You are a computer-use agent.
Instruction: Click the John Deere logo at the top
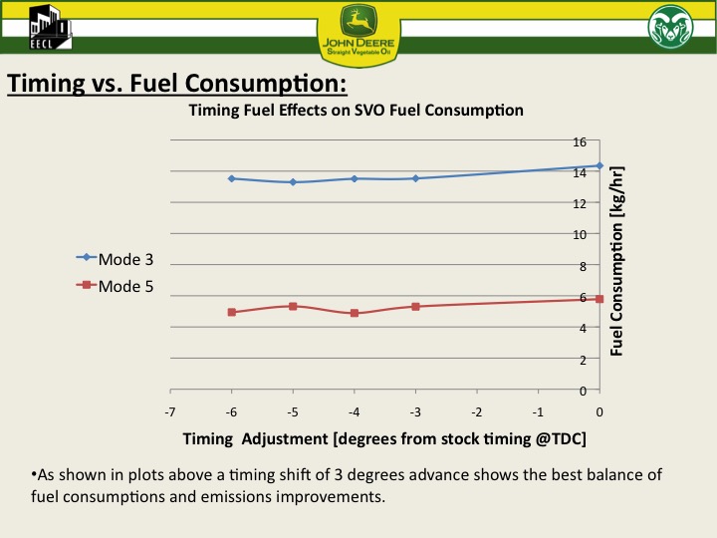tap(358, 32)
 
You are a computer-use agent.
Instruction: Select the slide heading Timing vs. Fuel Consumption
tap(177, 82)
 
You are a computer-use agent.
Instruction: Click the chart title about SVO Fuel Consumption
tap(356, 110)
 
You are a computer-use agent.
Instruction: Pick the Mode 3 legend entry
tap(115, 258)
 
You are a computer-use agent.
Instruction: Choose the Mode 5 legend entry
tap(115, 285)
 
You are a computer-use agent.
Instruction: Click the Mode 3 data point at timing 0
tap(599, 165)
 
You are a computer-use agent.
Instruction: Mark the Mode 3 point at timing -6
tap(232, 178)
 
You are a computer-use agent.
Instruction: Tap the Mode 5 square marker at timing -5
tap(293, 306)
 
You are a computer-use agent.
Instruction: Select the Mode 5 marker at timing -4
tap(355, 313)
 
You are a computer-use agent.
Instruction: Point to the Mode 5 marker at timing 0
tap(599, 299)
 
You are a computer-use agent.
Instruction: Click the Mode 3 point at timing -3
tap(415, 178)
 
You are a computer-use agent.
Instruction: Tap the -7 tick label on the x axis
tap(170, 410)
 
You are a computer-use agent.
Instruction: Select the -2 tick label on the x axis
tap(477, 410)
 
